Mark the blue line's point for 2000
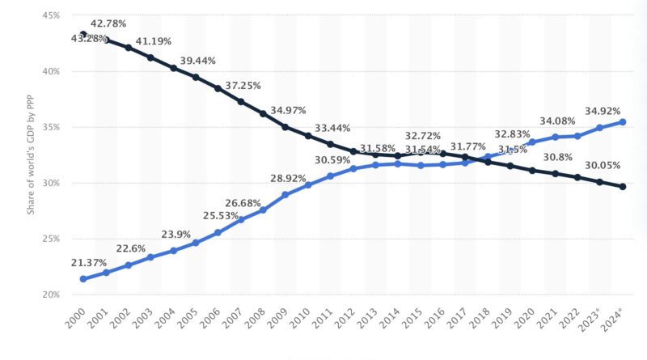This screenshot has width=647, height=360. pyautogui.click(x=83, y=279)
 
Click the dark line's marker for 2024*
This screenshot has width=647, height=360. pyautogui.click(x=622, y=187)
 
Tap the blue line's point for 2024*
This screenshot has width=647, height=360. pyautogui.click(x=622, y=122)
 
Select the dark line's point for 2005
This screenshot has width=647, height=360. pyautogui.click(x=196, y=77)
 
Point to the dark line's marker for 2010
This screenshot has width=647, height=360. pyautogui.click(x=308, y=136)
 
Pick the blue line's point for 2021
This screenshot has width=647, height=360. pyautogui.click(x=555, y=137)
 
